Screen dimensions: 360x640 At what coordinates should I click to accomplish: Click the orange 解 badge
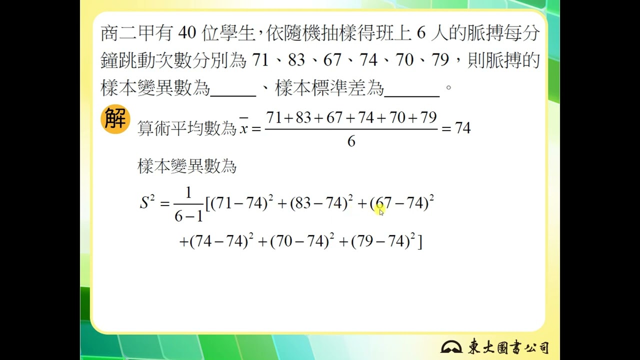[x=115, y=120]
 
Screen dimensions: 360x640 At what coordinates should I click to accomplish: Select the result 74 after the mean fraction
[x=463, y=128]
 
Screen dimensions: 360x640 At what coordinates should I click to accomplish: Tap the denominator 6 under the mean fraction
[x=351, y=142]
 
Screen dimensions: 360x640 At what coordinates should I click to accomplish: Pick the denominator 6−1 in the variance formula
[x=188, y=216]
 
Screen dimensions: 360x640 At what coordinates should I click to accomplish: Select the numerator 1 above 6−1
[x=188, y=193]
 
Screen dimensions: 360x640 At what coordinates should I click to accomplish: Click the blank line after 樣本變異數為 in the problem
[x=233, y=91]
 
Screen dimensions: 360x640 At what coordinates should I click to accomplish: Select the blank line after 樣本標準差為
[x=412, y=91]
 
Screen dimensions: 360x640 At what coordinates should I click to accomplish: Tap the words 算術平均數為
[x=186, y=129]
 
